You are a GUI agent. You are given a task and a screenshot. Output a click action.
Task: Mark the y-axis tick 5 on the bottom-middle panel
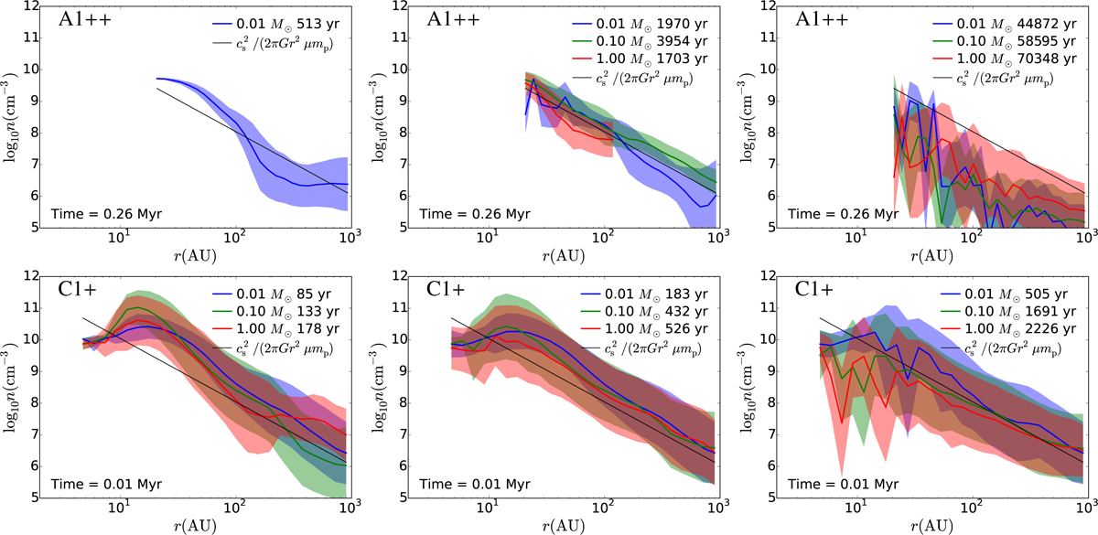point(413,498)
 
